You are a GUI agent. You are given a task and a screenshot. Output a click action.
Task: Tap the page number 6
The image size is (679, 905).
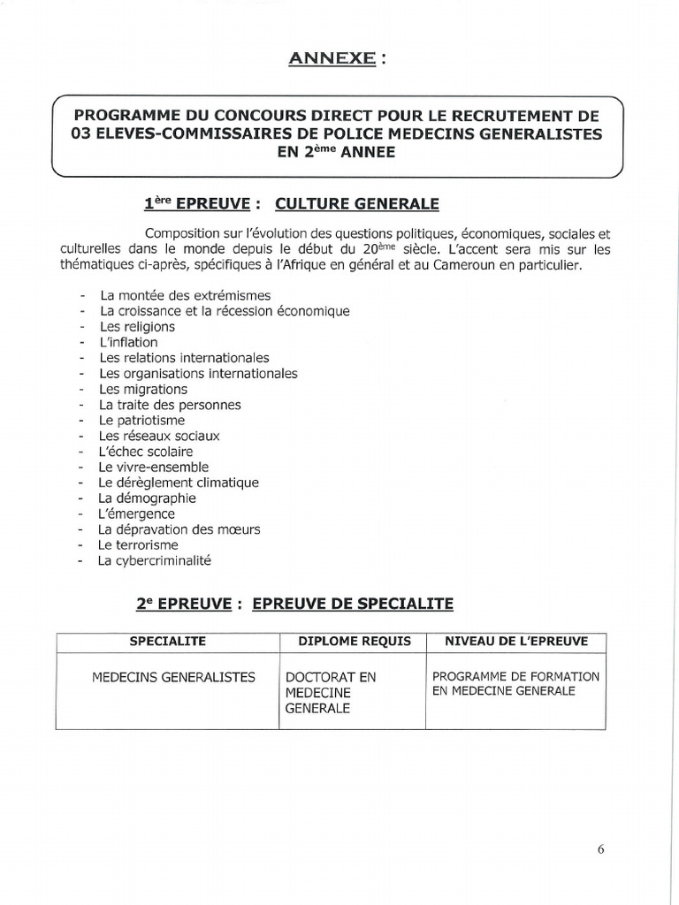click(x=600, y=849)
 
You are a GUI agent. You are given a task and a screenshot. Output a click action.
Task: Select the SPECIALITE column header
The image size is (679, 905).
click(x=168, y=641)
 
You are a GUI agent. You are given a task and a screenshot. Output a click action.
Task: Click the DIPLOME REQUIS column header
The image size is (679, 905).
click(x=354, y=641)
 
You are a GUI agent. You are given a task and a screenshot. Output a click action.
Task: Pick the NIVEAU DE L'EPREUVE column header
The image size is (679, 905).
click(x=515, y=641)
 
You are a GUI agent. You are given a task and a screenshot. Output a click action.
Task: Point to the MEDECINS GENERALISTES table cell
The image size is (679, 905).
click(x=173, y=677)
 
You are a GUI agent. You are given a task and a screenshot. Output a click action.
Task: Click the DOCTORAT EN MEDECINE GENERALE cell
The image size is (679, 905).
click(x=330, y=692)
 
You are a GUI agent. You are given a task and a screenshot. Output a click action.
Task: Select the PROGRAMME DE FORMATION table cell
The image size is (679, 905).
click(x=515, y=683)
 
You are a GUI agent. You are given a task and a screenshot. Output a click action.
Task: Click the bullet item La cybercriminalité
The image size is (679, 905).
click(x=155, y=560)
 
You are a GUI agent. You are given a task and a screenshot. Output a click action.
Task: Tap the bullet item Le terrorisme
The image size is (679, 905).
click(x=138, y=545)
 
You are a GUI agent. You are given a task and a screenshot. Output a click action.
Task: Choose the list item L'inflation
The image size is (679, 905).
click(x=128, y=342)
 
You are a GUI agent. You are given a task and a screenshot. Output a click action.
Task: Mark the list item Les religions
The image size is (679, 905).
click(x=137, y=327)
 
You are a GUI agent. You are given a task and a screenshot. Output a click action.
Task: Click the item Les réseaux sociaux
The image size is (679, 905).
click(x=159, y=436)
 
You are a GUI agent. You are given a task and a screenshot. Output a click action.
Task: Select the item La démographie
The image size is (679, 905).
click(x=147, y=498)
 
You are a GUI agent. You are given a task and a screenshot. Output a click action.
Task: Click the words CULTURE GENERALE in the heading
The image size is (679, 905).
click(x=357, y=204)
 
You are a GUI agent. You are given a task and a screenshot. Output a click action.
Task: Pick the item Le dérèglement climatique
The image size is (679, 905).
click(x=179, y=483)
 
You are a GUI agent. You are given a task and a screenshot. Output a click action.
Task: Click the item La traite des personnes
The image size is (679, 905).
click(x=170, y=405)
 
